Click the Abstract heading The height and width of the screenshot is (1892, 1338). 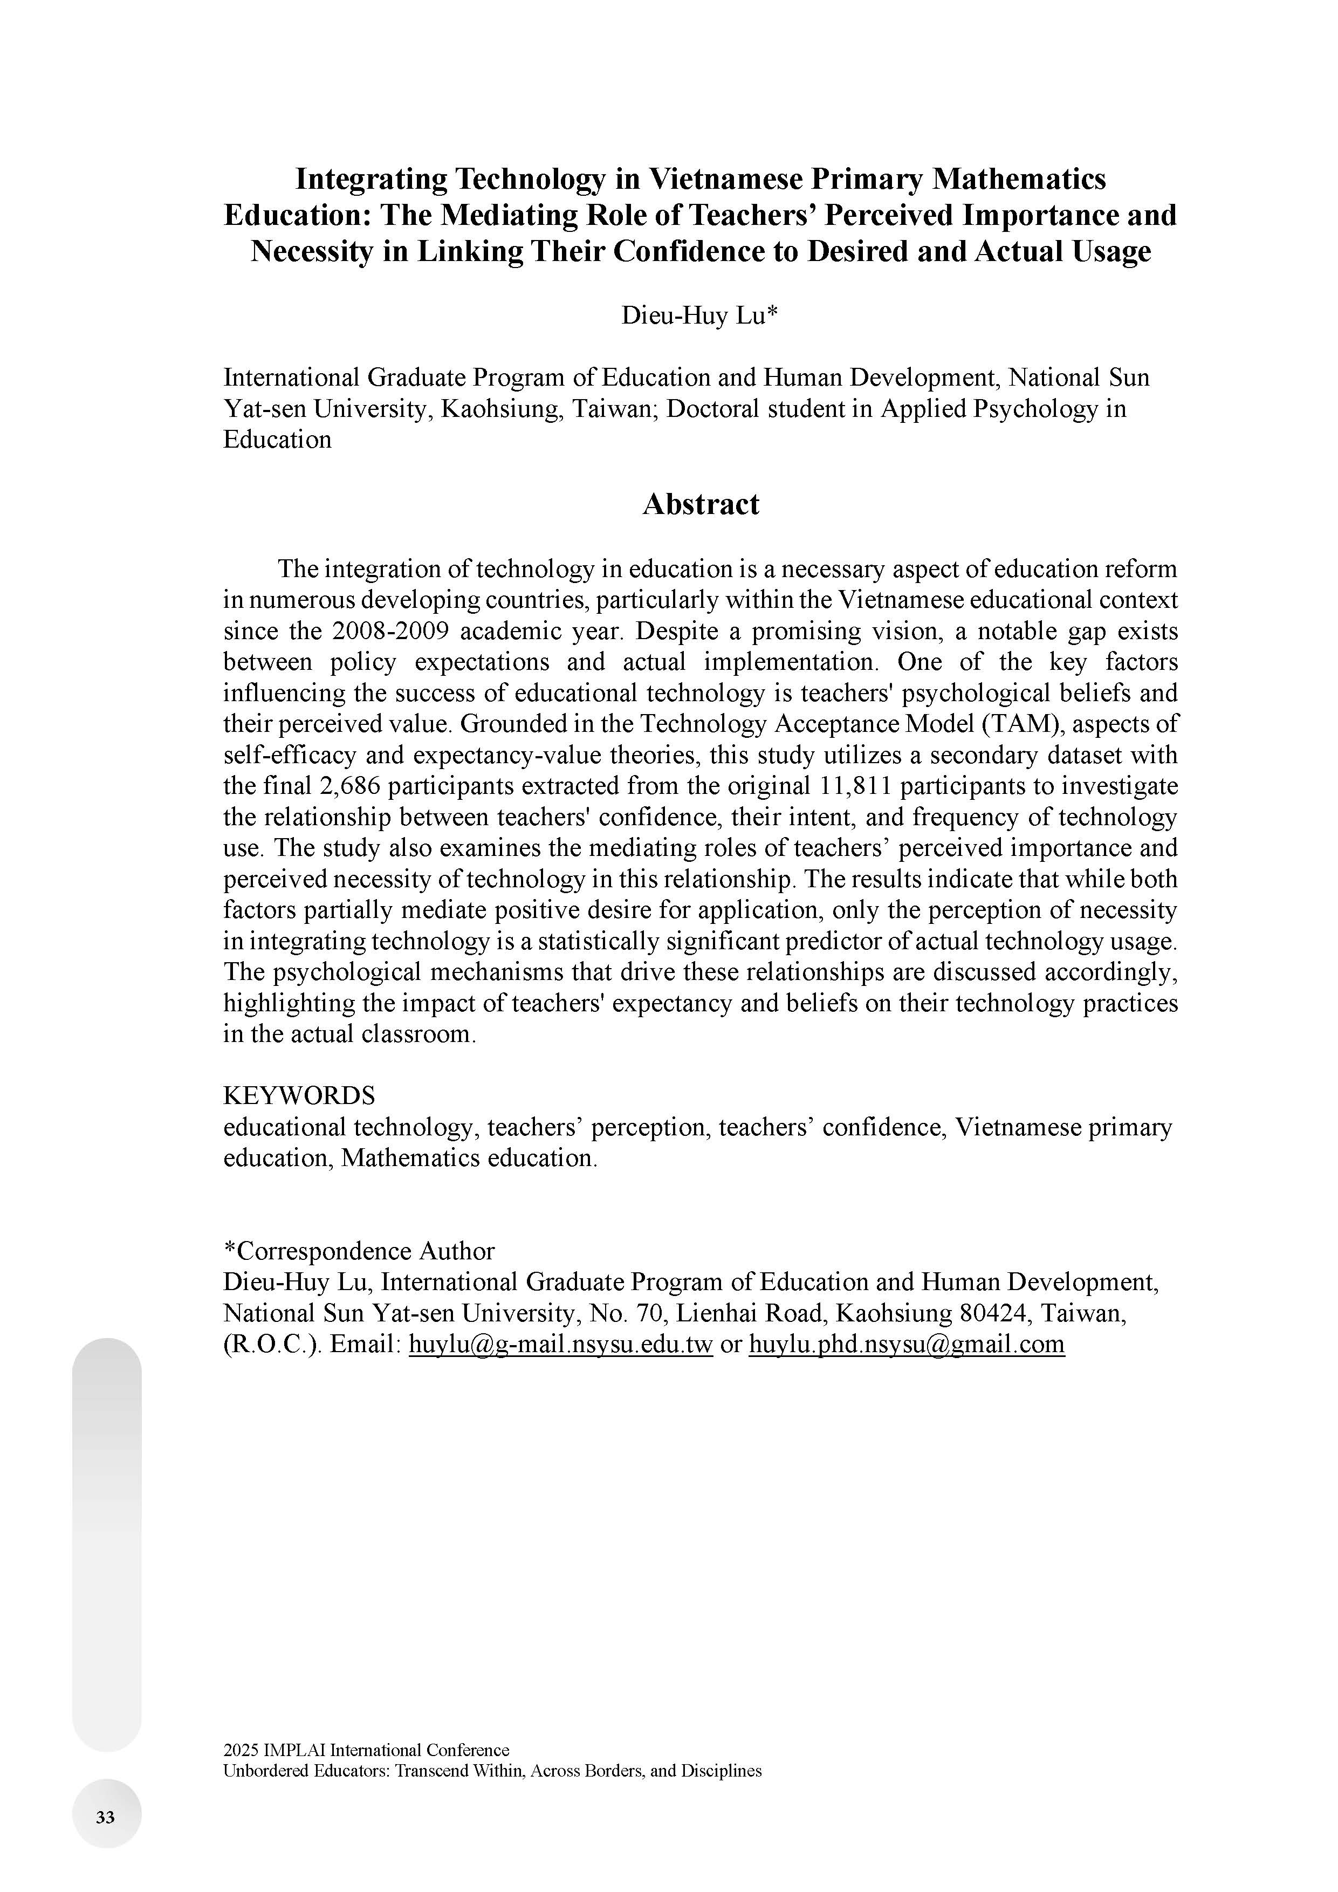click(701, 504)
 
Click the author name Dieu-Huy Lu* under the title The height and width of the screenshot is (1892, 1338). click(699, 316)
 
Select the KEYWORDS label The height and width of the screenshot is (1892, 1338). click(299, 1096)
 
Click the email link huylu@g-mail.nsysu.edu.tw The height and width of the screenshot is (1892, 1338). click(560, 1344)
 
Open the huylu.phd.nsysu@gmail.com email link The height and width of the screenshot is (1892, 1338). click(906, 1344)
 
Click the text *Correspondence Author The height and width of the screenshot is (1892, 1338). click(359, 1251)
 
